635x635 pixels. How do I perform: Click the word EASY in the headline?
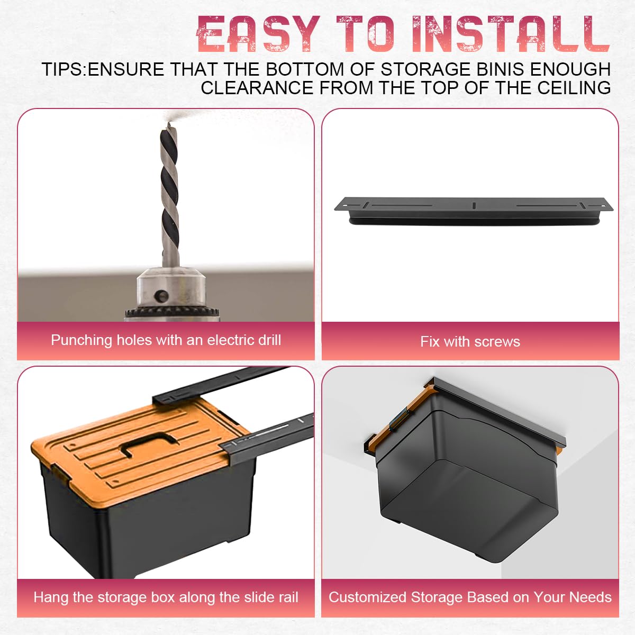click(258, 34)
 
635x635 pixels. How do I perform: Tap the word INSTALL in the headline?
click(511, 34)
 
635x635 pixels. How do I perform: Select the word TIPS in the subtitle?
click(62, 69)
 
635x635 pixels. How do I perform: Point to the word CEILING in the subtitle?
click(574, 88)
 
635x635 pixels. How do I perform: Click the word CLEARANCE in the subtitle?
click(257, 88)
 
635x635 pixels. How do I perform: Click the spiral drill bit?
click(170, 194)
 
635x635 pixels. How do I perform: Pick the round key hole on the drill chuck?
click(161, 295)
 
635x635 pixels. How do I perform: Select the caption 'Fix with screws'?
click(470, 342)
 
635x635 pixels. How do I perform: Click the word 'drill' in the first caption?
click(269, 340)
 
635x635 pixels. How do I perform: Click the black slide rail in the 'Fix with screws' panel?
click(474, 211)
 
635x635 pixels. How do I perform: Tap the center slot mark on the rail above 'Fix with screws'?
click(474, 205)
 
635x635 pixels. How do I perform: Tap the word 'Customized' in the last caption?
click(367, 597)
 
